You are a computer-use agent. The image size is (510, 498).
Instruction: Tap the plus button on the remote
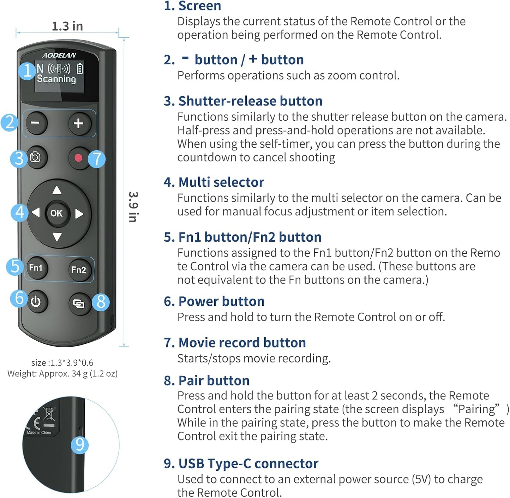pos(80,124)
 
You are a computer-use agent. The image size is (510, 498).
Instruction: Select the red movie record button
pos(78,158)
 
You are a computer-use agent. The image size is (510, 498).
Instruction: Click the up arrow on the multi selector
pos(57,190)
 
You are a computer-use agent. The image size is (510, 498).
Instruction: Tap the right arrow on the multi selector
pos(79,214)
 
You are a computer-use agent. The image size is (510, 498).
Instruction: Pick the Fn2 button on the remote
pos(79,270)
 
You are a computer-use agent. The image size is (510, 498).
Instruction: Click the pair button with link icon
pos(79,304)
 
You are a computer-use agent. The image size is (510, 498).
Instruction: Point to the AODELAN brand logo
pos(59,55)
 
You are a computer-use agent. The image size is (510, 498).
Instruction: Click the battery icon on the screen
pos(80,68)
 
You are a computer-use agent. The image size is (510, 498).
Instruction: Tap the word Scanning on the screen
pos(56,79)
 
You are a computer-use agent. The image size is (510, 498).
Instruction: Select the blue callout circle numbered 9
pos(80,445)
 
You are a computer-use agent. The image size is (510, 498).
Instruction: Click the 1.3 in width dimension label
pos(67,26)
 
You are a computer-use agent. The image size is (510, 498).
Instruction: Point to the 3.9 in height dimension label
pos(133,207)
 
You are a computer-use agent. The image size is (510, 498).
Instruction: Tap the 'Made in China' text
pos(39,432)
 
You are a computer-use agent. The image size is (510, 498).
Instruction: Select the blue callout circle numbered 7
pos(97,159)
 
